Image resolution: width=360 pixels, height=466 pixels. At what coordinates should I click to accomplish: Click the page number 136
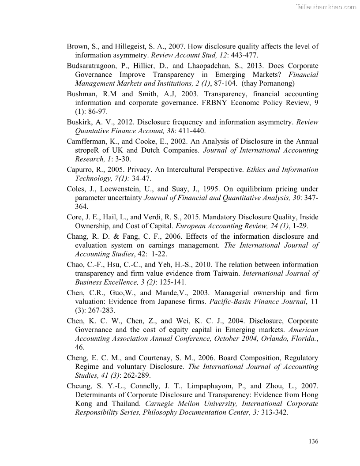point(313,441)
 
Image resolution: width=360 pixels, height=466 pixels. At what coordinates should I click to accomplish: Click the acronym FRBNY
point(191,103)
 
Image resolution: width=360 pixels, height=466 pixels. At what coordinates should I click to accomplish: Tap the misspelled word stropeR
point(87,150)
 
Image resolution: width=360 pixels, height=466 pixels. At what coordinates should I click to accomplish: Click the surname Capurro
point(80,170)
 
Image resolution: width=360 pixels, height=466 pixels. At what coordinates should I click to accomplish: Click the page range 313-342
point(274,413)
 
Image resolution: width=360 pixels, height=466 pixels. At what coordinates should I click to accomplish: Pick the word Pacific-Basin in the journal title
point(231,302)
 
